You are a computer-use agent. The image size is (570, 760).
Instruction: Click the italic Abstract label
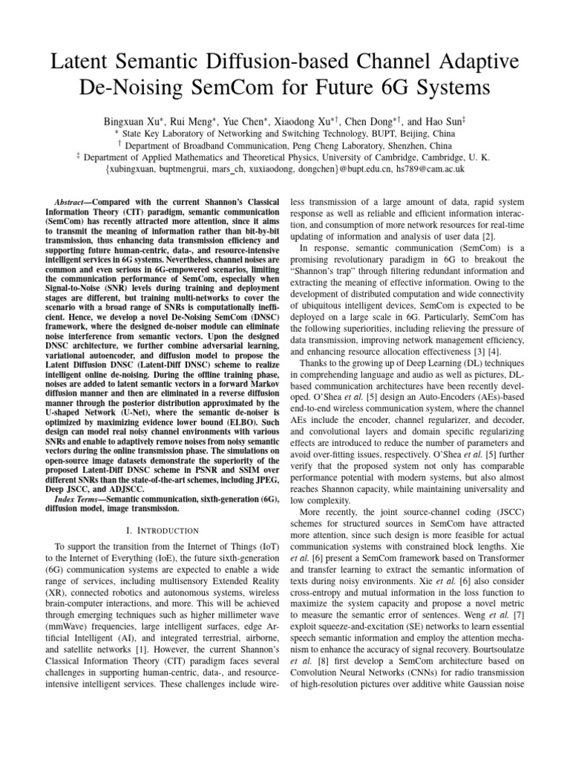tap(71, 202)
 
